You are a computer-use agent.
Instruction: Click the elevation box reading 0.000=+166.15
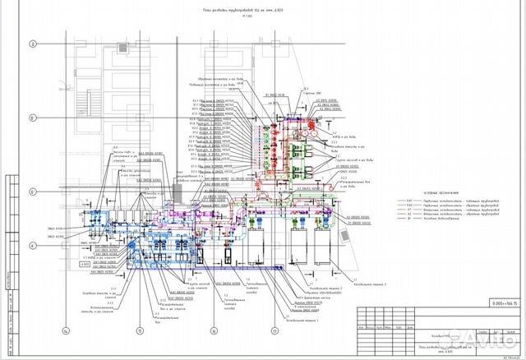pos(501,303)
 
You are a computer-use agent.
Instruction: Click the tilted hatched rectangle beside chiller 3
pos(348,236)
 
